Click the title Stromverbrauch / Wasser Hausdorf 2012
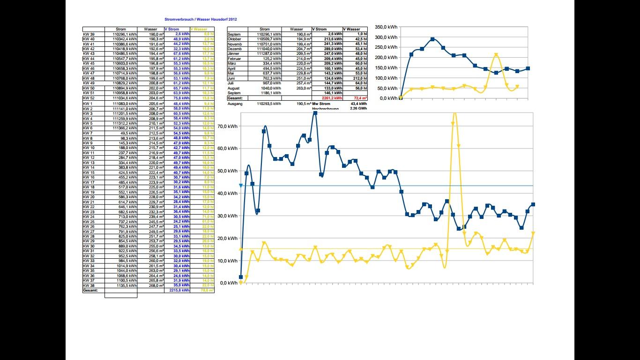pyautogui.click(x=201, y=19)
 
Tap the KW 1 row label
pyautogui.click(x=88, y=104)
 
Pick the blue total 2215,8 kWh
pyautogui.click(x=179, y=291)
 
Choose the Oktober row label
pyautogui.click(x=234, y=39)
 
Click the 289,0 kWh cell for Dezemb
pyautogui.click(x=335, y=49)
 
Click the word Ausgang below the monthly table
pyautogui.click(x=235, y=104)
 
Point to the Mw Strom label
pyautogui.click(x=321, y=104)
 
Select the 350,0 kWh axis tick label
pyautogui.click(x=386, y=27)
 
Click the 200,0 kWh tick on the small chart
pyautogui.click(x=386, y=58)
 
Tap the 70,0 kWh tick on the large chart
pyautogui.click(x=227, y=127)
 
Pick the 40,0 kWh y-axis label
pyautogui.click(x=227, y=194)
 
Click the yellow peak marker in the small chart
pyautogui.click(x=496, y=55)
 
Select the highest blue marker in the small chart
pyautogui.click(x=432, y=39)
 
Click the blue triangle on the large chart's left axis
pyautogui.click(x=241, y=186)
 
